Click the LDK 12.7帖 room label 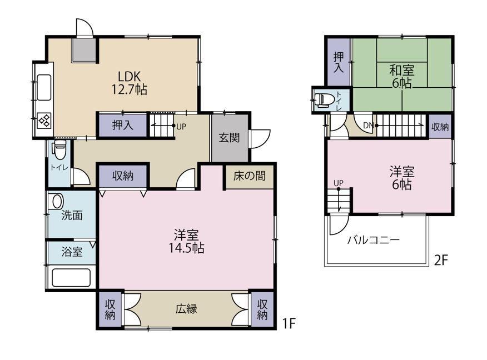click(x=129, y=83)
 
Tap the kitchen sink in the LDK click(x=44, y=88)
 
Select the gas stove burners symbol click(x=44, y=121)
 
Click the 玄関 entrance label click(x=229, y=137)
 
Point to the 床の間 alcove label click(x=250, y=176)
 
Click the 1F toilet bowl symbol click(x=59, y=149)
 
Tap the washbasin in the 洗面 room click(x=57, y=202)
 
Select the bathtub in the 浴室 click(x=71, y=278)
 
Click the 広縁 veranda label click(x=186, y=309)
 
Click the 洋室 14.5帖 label click(x=186, y=242)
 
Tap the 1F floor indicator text click(x=289, y=324)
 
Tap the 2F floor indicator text click(x=441, y=261)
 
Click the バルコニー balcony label click(x=374, y=240)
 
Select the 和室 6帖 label click(x=402, y=76)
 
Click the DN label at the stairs click(x=368, y=126)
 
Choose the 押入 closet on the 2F click(x=339, y=62)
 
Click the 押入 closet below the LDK click(x=123, y=125)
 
